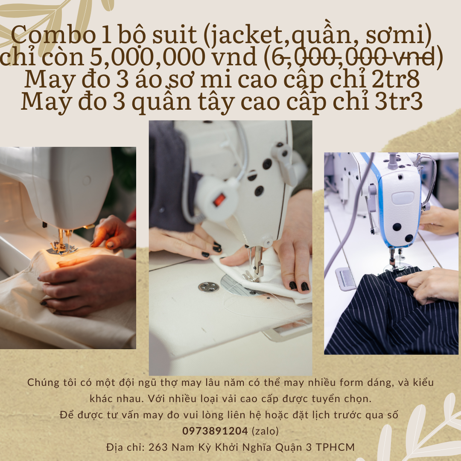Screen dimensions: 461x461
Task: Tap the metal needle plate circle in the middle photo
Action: point(209,287)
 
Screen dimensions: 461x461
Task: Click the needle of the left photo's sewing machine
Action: point(63,239)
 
